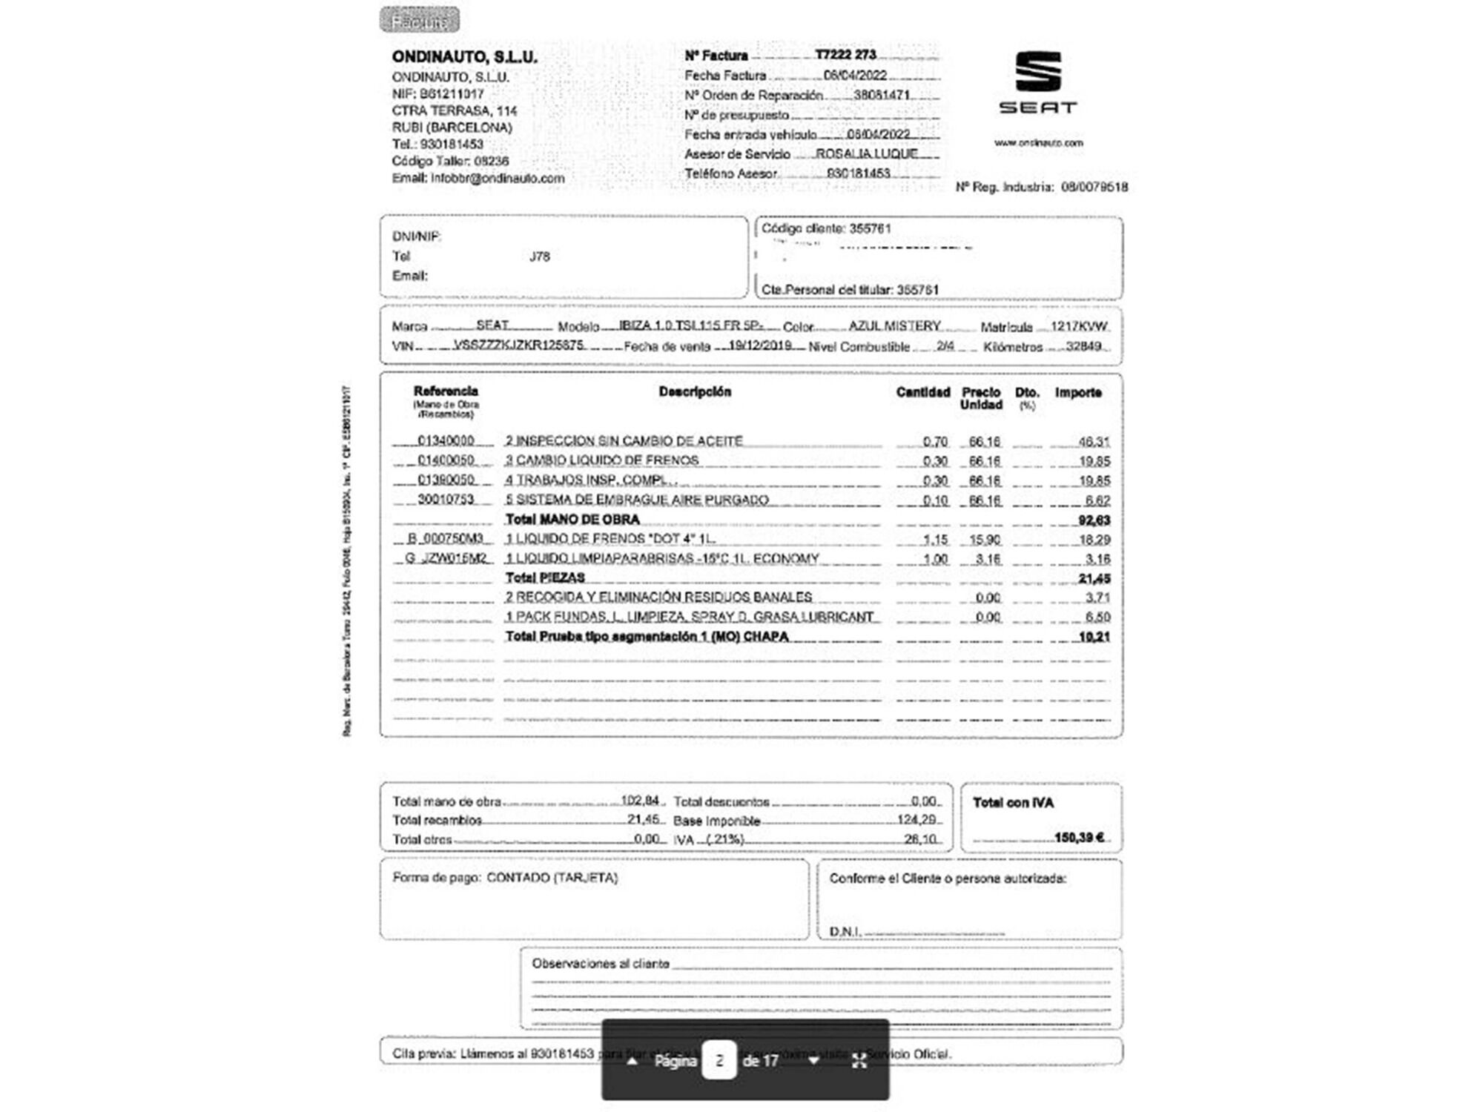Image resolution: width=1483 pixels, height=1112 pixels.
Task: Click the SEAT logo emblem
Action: (x=1037, y=72)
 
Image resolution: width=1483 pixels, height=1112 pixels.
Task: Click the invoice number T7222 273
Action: (x=845, y=55)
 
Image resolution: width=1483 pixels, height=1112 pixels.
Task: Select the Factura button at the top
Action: (x=420, y=21)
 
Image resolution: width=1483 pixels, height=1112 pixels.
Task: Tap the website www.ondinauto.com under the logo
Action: (x=1038, y=142)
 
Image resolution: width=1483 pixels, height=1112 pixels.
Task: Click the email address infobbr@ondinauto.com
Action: (x=498, y=178)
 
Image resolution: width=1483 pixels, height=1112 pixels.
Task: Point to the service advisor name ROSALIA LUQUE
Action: (x=866, y=153)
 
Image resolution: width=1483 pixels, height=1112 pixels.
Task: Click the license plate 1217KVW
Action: (x=1079, y=326)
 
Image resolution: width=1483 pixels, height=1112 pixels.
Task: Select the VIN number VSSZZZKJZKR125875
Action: (x=518, y=345)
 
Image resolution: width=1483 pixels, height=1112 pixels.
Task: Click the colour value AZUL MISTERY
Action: (x=894, y=325)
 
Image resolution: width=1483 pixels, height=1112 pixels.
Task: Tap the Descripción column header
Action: (x=695, y=391)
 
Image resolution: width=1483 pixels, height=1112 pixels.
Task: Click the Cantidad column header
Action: (x=922, y=392)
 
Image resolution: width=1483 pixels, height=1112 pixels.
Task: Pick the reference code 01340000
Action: (x=446, y=440)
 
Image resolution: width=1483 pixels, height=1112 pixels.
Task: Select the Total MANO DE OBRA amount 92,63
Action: (x=1094, y=520)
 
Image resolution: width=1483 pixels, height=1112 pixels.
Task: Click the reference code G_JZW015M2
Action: (x=446, y=558)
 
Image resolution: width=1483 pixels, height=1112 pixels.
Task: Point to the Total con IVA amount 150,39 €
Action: (x=1079, y=837)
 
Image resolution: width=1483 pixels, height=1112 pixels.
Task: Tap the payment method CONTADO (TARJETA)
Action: (x=552, y=878)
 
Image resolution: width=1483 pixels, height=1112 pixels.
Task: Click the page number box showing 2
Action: (x=719, y=1060)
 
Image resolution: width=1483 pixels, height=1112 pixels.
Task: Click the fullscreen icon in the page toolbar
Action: (x=859, y=1060)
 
